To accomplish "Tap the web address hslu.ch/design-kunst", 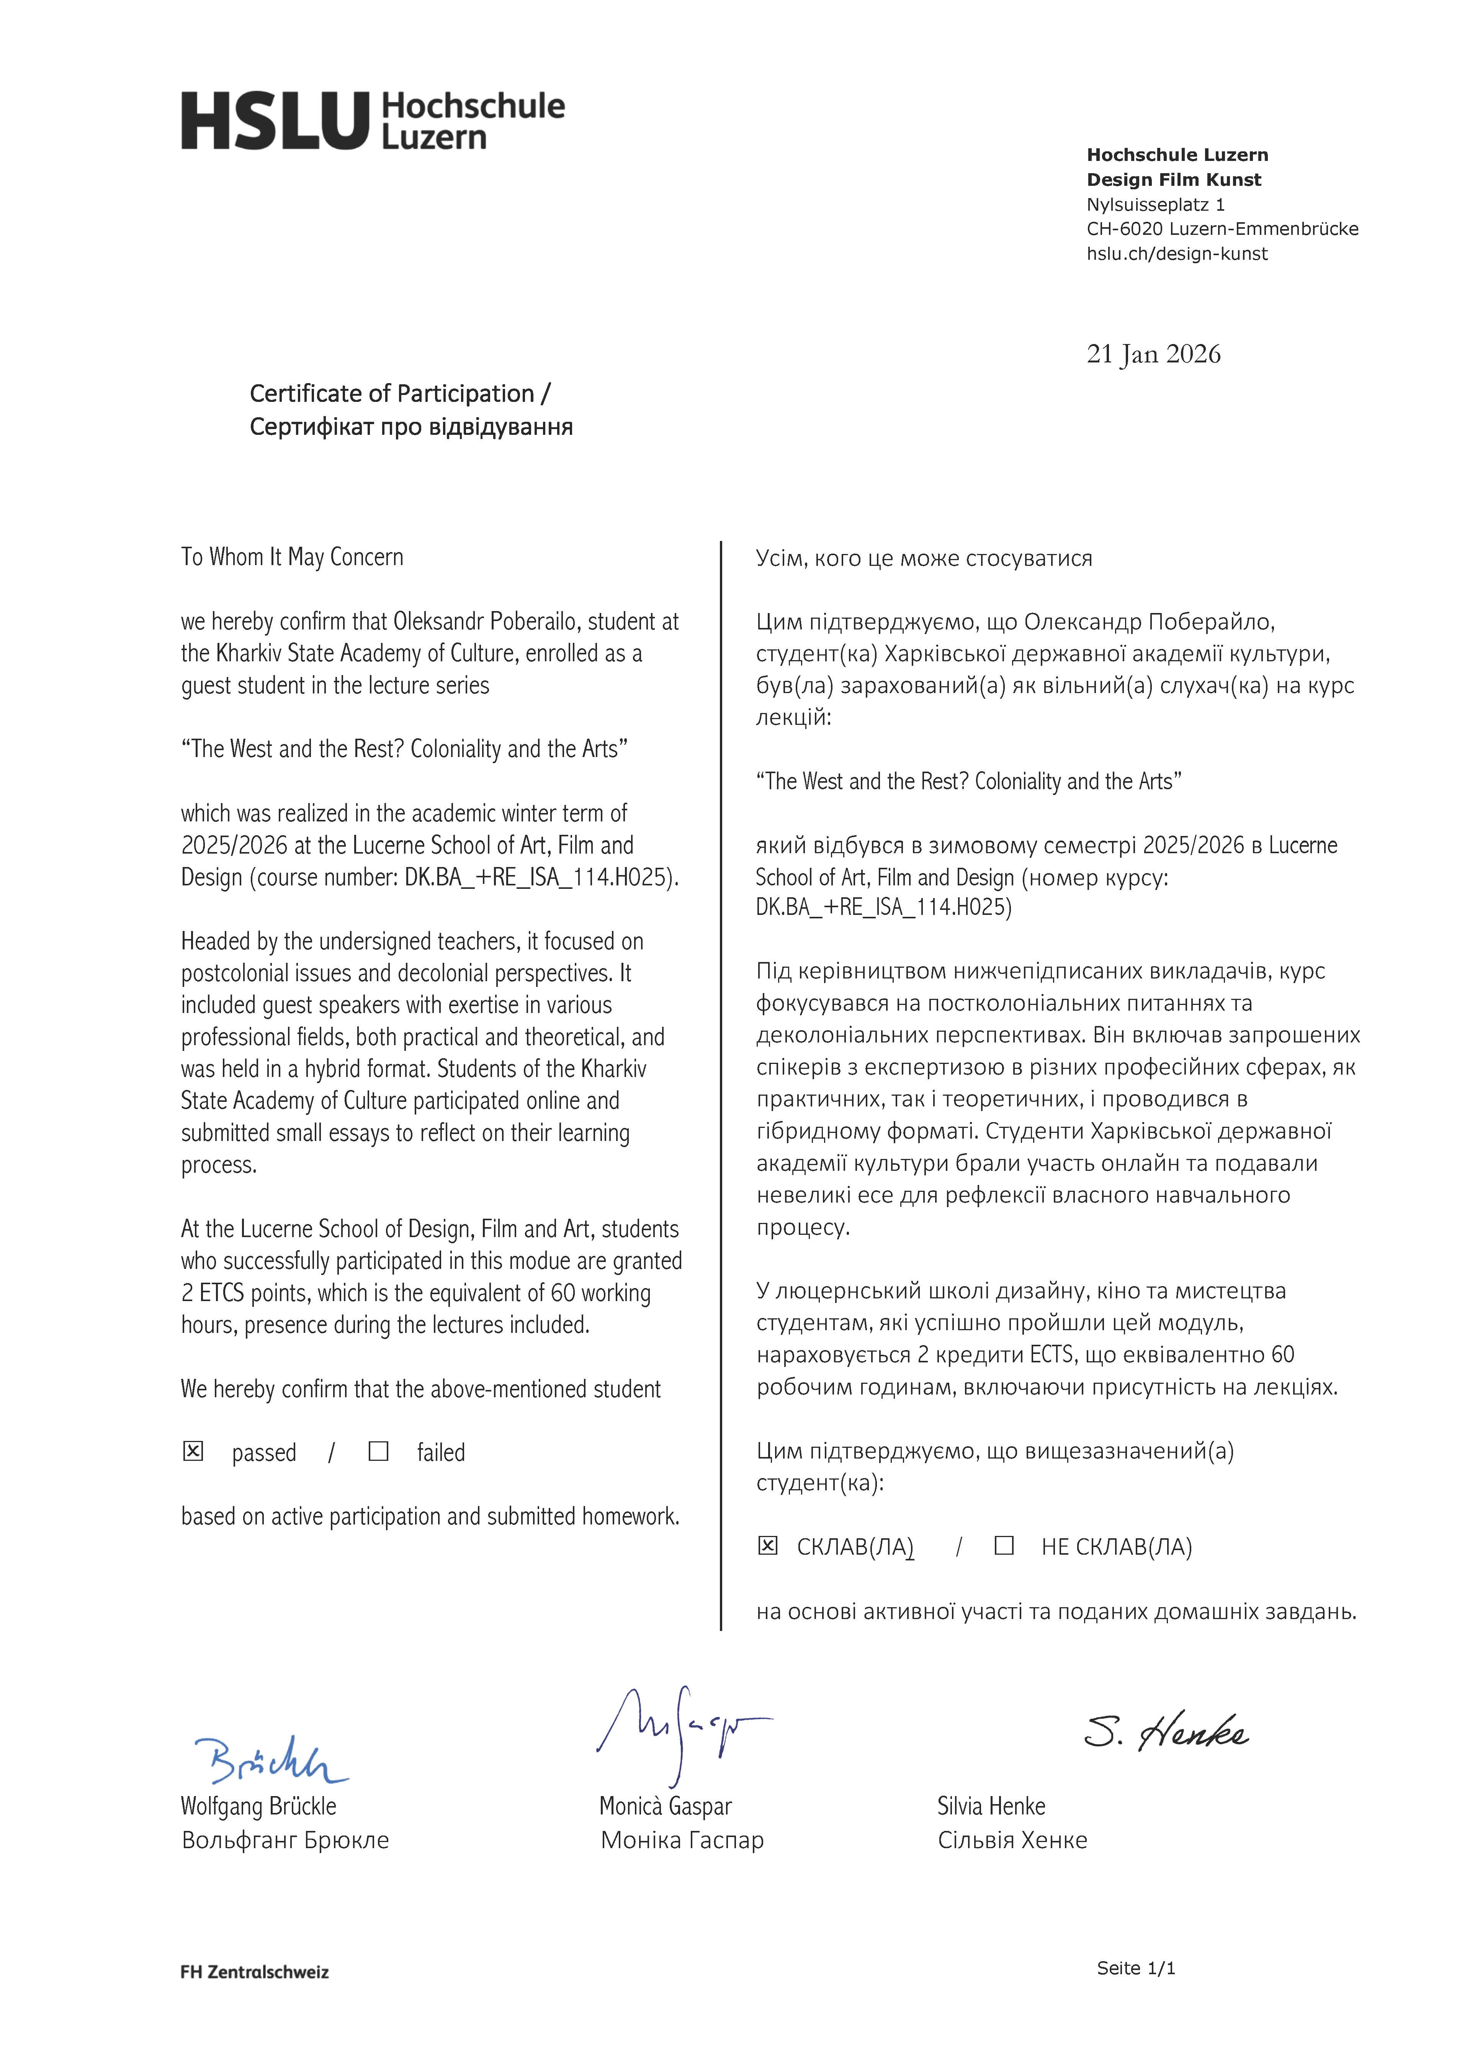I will pos(1176,254).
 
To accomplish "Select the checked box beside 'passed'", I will pos(193,1452).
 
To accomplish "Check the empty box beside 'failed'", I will pos(379,1452).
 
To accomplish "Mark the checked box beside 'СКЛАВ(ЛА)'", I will pos(767,1546).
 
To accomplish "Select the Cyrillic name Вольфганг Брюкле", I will pos(285,1840).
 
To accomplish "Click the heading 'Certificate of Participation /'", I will pos(400,394).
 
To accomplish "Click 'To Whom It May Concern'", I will pos(292,557).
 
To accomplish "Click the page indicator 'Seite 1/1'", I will pos(1136,1993).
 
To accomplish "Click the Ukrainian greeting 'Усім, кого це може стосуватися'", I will pos(924,559).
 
